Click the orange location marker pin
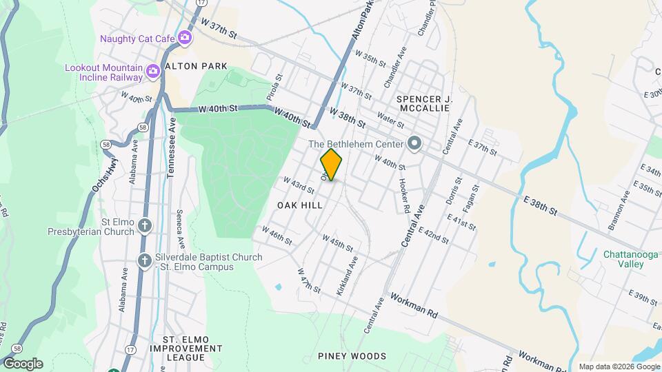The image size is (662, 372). (332, 165)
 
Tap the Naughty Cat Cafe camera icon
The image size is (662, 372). (184, 38)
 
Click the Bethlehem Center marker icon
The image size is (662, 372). (414, 144)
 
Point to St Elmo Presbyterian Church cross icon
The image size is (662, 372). (144, 225)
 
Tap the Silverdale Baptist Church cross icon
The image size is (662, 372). (144, 260)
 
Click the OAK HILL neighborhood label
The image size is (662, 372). (300, 205)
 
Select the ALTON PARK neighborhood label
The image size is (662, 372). (190, 66)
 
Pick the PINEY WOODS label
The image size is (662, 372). (352, 356)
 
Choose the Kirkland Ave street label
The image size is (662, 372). (347, 276)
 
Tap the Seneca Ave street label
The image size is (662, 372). (181, 229)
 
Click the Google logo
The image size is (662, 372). (22, 363)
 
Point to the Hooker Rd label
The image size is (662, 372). (404, 196)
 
